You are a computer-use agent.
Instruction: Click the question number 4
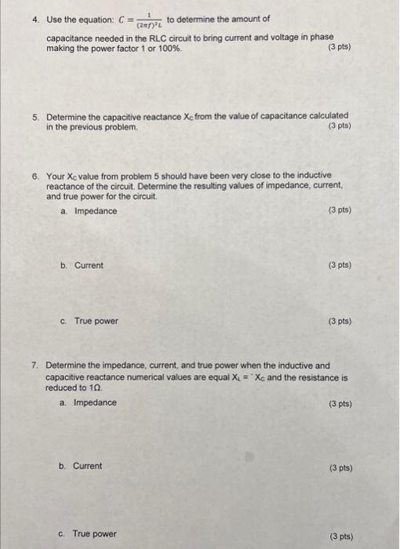pos(36,19)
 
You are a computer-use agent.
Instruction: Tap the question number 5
pos(36,116)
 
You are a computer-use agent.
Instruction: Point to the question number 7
pos(36,365)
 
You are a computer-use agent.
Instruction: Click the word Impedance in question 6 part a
pos(96,211)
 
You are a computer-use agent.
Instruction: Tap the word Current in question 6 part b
pos(89,265)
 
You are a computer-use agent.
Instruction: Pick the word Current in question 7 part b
pos(88,466)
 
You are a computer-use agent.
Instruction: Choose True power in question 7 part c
pos(95,534)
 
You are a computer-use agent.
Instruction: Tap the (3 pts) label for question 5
pos(339,125)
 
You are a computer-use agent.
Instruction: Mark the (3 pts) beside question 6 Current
pos(339,265)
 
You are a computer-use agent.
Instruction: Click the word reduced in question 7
pos(62,387)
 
